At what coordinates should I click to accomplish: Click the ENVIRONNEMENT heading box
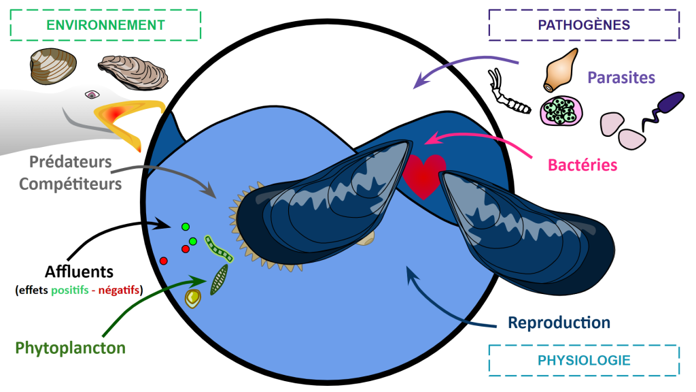[x=105, y=25]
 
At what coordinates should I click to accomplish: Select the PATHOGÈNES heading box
[x=583, y=25]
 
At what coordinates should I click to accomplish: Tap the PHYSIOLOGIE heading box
[x=583, y=359]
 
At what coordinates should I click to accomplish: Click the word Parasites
[x=621, y=77]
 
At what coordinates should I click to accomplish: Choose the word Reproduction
[x=559, y=322]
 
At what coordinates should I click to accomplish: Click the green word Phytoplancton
[x=71, y=348]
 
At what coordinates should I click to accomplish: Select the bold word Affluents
[x=79, y=272]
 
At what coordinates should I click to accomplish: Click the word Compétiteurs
[x=71, y=183]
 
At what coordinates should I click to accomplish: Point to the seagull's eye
[x=91, y=95]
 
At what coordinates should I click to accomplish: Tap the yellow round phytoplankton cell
[x=194, y=297]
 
